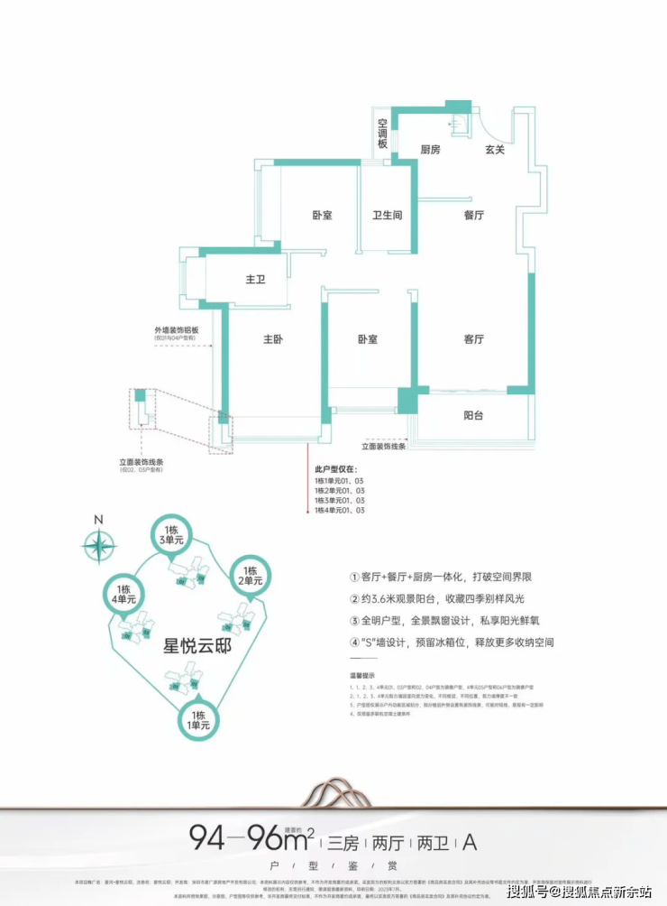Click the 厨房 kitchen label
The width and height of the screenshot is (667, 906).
tap(431, 150)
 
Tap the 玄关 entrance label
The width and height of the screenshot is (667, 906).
tap(495, 150)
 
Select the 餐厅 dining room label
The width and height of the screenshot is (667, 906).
tap(474, 216)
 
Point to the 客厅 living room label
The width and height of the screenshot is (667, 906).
tap(474, 339)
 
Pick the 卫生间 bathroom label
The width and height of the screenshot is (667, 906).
tap(388, 216)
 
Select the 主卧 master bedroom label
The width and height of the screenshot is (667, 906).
tap(274, 339)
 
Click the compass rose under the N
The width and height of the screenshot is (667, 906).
tap(98, 546)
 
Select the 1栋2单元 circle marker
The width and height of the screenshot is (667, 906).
tap(250, 574)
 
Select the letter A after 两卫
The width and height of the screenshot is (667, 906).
tap(469, 844)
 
